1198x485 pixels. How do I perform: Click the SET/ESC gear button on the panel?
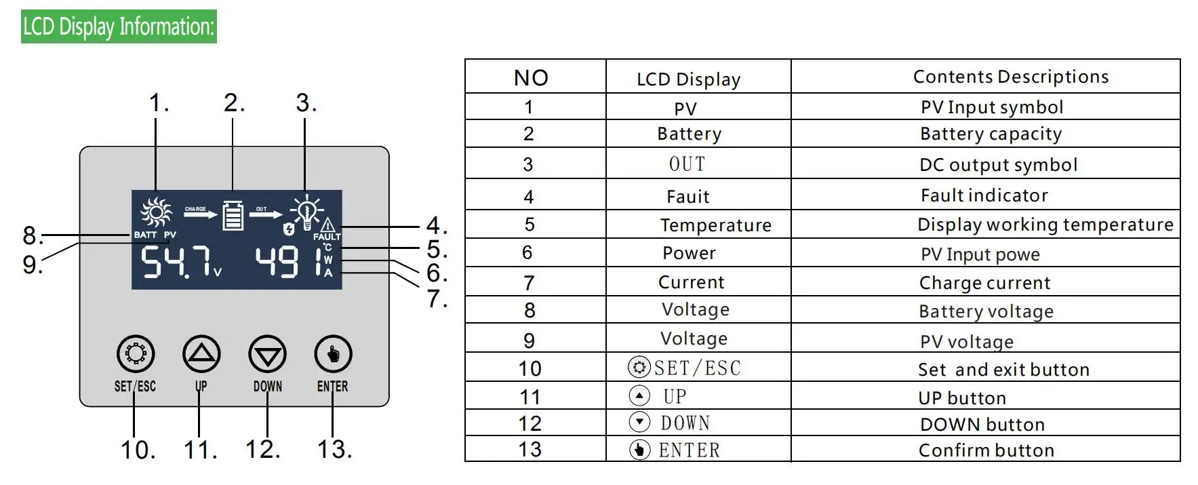(136, 353)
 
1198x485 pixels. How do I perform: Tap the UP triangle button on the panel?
(201, 353)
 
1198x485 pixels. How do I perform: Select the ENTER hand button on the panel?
(333, 353)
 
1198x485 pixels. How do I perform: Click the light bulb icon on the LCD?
(306, 211)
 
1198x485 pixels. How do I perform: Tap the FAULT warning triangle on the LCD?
(327, 225)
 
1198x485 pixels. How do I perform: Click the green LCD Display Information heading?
(119, 26)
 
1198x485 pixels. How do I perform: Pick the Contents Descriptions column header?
(1010, 77)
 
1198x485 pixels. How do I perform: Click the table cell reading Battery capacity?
(991, 134)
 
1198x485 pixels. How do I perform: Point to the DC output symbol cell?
(998, 165)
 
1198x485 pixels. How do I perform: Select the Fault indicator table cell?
(984, 195)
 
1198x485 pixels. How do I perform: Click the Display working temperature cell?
(1045, 225)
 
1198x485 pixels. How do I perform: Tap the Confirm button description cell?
(986, 450)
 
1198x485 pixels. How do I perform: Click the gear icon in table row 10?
(638, 368)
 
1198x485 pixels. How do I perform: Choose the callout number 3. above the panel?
(306, 103)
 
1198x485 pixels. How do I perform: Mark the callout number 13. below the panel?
(334, 449)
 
